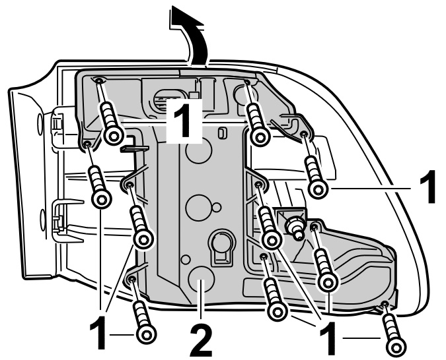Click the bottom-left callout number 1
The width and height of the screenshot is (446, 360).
tap(101, 334)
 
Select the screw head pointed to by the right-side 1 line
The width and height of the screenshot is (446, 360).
tap(318, 189)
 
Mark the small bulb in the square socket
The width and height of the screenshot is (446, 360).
tap(294, 227)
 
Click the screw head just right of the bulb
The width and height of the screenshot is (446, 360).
tap(328, 282)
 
